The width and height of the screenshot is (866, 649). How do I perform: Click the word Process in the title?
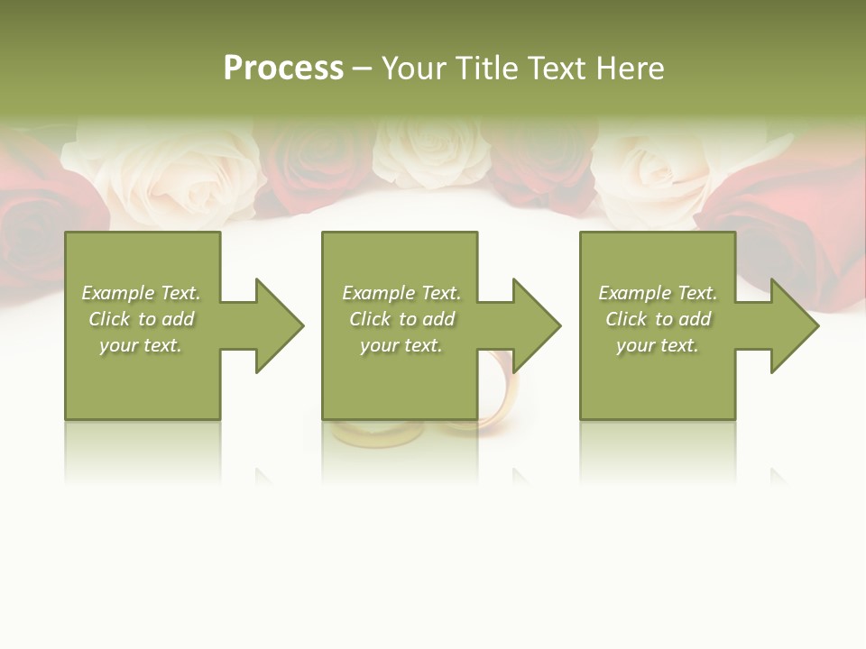(x=283, y=69)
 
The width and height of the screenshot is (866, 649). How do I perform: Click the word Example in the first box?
(x=118, y=293)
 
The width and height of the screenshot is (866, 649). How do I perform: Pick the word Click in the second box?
(x=369, y=319)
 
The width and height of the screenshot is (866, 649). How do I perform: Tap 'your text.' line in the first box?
(x=141, y=345)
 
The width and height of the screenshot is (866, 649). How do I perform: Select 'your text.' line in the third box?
(x=658, y=345)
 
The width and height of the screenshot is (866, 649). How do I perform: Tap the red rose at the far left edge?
(x=36, y=216)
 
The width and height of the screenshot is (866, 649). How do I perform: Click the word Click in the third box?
(x=626, y=319)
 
